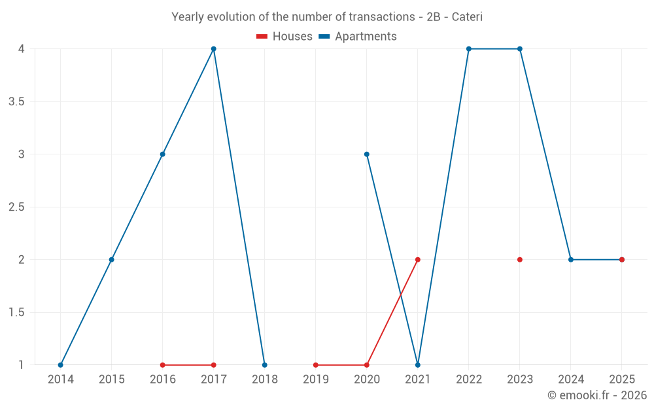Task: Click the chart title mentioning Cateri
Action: point(327,17)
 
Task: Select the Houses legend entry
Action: point(284,36)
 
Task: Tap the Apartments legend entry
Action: point(358,36)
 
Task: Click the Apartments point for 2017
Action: point(214,49)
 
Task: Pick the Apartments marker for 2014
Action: point(60,365)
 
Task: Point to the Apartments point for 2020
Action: point(367,154)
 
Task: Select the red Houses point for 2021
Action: point(418,260)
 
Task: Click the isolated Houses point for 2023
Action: point(520,260)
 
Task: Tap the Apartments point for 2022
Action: point(469,49)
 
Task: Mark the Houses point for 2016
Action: point(163,365)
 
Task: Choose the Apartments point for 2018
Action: point(264,365)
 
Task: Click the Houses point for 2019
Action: point(316,365)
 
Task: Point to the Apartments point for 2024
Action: point(571,260)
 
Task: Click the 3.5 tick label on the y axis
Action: point(17,102)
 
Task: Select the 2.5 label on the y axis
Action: point(17,207)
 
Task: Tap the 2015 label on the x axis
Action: point(112,380)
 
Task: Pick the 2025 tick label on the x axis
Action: point(622,380)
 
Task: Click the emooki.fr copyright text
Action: point(597,395)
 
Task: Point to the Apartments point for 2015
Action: point(111,260)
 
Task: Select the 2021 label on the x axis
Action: point(418,380)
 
